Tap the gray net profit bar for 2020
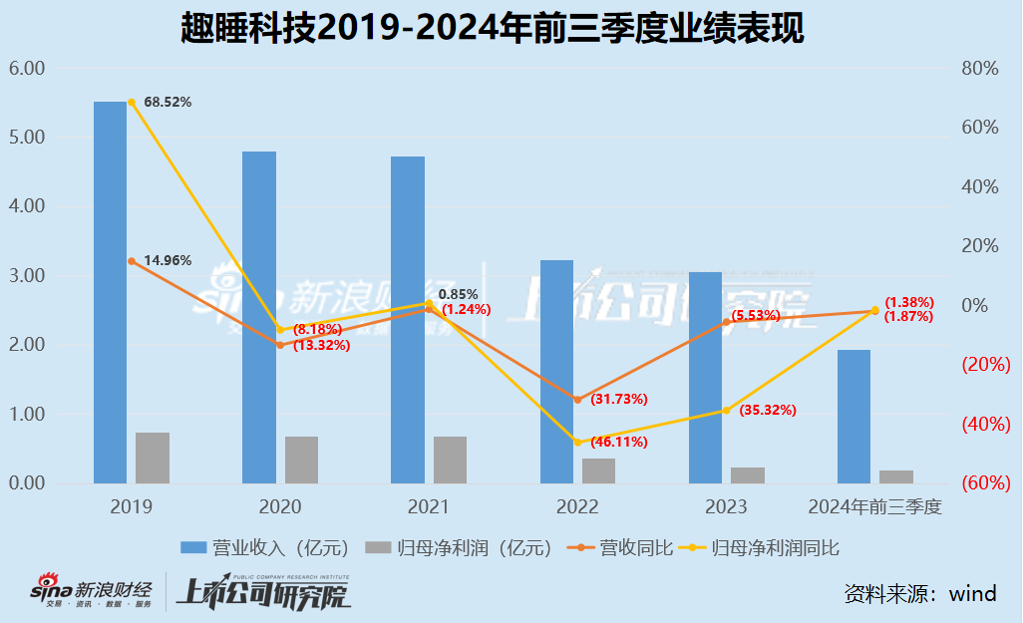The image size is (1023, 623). click(x=301, y=460)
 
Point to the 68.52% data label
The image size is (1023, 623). click(x=168, y=102)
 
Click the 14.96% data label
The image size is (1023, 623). click(x=168, y=261)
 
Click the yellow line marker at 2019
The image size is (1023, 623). click(x=131, y=103)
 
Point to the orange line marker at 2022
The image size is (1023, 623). click(x=577, y=400)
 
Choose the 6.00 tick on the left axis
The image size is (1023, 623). click(x=27, y=69)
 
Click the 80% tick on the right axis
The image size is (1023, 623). click(x=980, y=69)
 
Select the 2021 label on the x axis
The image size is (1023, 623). click(x=429, y=507)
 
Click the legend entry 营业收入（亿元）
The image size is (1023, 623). click(x=265, y=547)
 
